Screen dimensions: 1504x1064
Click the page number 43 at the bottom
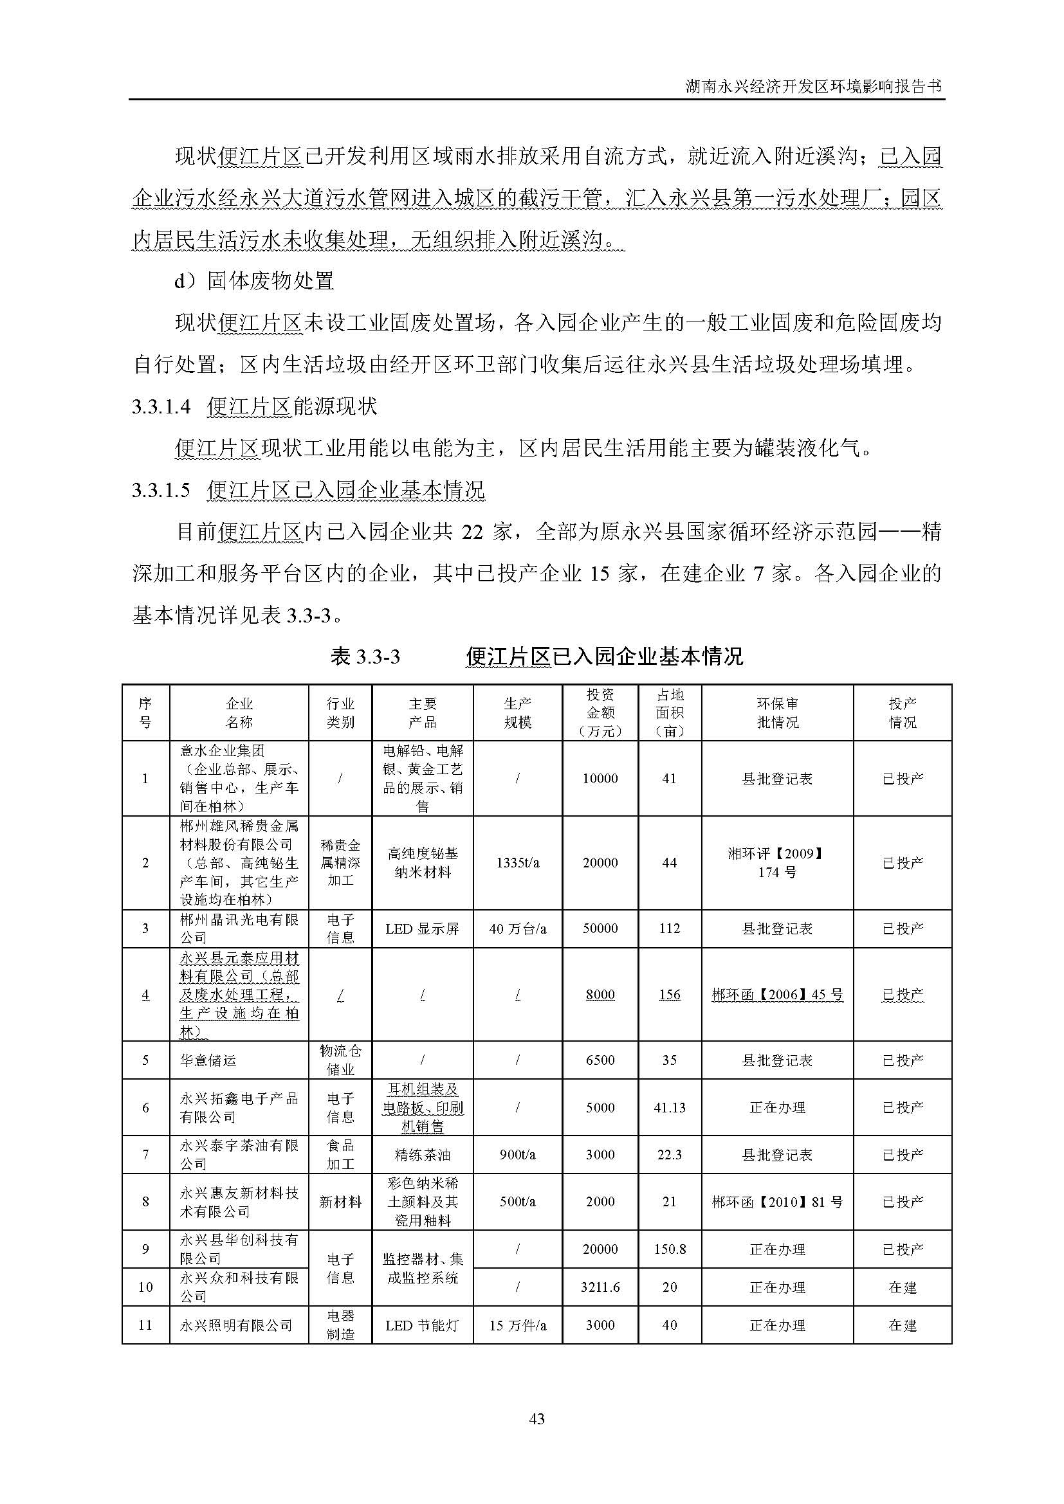click(536, 1419)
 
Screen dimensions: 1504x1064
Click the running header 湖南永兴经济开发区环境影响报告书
click(813, 86)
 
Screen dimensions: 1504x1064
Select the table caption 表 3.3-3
click(365, 656)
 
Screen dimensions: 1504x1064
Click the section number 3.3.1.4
click(161, 407)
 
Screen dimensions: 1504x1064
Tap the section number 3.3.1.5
click(161, 490)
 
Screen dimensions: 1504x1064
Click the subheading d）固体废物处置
click(254, 281)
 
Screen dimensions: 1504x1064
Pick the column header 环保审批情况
click(777, 712)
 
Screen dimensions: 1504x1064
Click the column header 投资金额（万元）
click(600, 712)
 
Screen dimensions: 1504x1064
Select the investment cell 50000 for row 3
click(600, 929)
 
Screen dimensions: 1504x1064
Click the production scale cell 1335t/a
click(517, 863)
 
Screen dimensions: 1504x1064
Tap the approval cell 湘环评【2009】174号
click(777, 863)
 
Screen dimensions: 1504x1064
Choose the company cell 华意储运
click(208, 1060)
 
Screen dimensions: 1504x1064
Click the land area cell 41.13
click(669, 1108)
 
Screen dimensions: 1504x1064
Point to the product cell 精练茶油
click(422, 1154)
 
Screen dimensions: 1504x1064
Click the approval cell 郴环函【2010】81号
click(777, 1202)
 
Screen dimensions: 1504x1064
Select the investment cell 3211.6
click(600, 1287)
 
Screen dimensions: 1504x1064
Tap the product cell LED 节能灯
click(422, 1325)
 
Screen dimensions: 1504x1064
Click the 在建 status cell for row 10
click(901, 1287)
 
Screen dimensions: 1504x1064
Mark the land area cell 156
click(669, 994)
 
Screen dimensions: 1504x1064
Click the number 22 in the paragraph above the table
click(472, 532)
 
